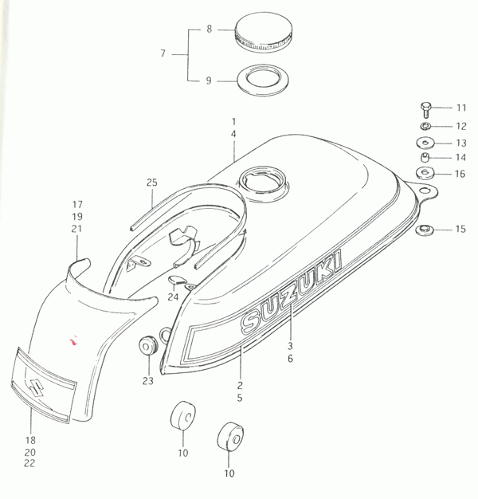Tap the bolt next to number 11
(x=425, y=110)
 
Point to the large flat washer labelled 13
(x=425, y=143)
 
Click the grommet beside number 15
(x=425, y=230)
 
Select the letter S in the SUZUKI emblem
(x=251, y=321)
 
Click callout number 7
(x=163, y=53)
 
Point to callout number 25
(x=152, y=183)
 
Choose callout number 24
(x=173, y=297)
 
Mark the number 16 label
(x=460, y=174)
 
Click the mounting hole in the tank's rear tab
(x=424, y=191)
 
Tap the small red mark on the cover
(x=74, y=341)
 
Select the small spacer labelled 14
(x=425, y=158)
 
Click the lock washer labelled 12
(x=425, y=126)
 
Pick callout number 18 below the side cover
(x=30, y=441)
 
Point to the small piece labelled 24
(x=176, y=280)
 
